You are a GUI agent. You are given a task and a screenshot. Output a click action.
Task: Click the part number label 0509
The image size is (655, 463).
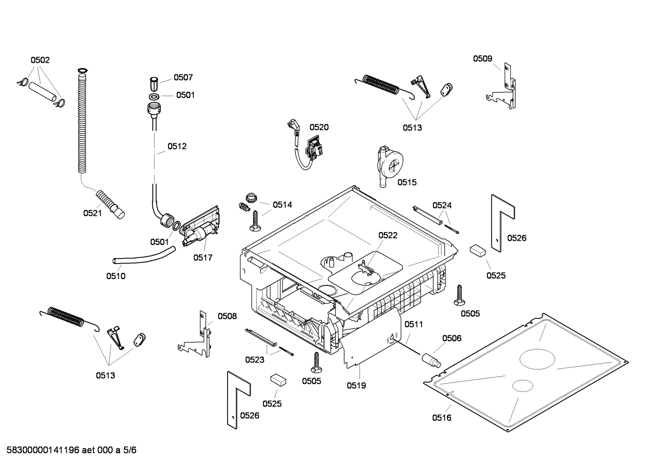coord(482,58)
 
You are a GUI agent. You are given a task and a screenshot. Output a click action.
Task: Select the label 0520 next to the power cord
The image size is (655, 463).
coord(319,127)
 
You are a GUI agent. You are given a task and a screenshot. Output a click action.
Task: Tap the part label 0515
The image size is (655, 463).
coord(407,182)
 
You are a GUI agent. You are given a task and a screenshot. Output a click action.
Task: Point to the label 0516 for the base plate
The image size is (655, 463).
coord(442,418)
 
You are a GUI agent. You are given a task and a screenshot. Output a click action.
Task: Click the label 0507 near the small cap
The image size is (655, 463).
coord(183,78)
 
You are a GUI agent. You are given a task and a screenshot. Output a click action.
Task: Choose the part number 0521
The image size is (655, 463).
coord(92,213)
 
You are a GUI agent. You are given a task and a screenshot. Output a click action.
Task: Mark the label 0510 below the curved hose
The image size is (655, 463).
coord(116,276)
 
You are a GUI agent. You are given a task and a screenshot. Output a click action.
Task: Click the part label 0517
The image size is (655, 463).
coord(203,258)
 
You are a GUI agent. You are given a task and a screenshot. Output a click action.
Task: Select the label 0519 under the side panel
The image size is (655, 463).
coord(356,385)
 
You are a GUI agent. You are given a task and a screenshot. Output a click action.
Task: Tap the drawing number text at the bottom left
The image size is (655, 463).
coord(69,450)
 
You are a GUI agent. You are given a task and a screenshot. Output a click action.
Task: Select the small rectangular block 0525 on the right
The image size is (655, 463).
coord(478,250)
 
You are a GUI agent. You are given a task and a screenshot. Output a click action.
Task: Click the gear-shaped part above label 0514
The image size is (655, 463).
coord(251,198)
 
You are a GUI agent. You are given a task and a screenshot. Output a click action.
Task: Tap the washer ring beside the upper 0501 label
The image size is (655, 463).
coord(154,96)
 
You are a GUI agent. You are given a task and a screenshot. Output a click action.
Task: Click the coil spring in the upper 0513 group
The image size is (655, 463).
coord(382,85)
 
